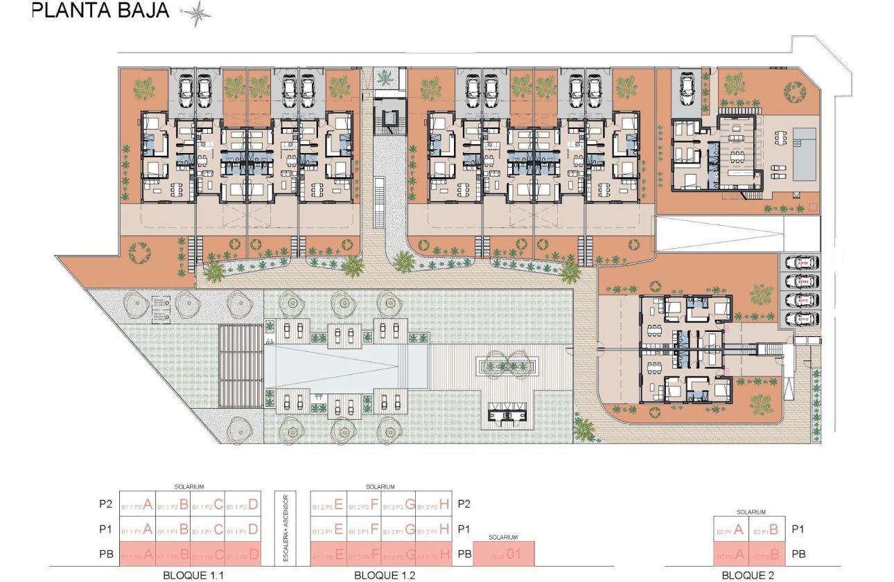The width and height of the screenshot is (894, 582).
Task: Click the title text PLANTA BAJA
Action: tap(101, 11)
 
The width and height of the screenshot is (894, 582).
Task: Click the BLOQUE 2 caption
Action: tap(749, 575)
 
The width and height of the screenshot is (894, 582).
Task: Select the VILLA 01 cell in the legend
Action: tap(504, 554)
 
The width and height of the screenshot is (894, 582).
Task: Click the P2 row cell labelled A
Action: tap(137, 504)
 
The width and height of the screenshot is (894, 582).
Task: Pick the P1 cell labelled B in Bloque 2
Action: tap(768, 530)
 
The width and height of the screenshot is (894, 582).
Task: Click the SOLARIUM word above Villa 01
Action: tap(504, 537)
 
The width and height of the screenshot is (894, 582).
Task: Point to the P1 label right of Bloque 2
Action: tap(798, 530)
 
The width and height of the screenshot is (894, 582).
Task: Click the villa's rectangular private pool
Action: tap(804, 153)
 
